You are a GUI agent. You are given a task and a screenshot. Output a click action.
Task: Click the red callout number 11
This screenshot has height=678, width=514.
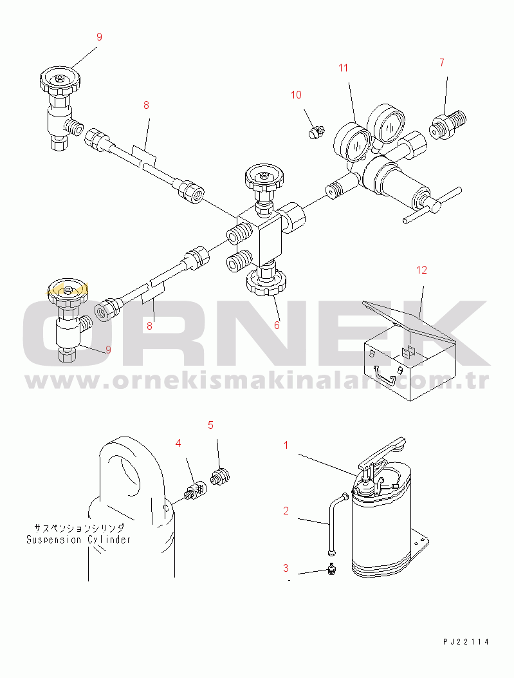(x=343, y=68)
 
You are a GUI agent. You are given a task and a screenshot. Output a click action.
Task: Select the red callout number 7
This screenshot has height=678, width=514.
(x=442, y=62)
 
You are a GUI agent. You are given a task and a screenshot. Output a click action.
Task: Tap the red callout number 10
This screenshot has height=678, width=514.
(x=296, y=95)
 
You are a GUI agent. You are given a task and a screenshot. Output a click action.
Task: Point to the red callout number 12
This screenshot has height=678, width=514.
(x=421, y=270)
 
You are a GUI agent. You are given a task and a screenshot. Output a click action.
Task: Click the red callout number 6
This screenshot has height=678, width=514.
(x=277, y=325)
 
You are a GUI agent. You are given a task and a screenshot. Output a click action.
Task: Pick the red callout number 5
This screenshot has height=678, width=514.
(x=210, y=425)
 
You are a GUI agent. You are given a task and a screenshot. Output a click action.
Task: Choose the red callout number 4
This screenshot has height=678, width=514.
(x=178, y=443)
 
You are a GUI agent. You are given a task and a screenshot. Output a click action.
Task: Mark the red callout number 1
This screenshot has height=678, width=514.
(x=286, y=445)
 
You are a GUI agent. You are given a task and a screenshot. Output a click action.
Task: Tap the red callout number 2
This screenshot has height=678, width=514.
(x=286, y=511)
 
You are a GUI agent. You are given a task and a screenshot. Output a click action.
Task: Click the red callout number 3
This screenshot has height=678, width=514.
(x=286, y=568)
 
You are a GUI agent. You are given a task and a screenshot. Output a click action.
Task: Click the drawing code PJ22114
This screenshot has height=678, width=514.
(x=466, y=642)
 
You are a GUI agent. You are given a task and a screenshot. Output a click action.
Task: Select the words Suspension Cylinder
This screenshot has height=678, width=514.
(x=78, y=539)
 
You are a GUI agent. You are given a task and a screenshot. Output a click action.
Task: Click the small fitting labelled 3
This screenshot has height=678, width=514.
(x=332, y=569)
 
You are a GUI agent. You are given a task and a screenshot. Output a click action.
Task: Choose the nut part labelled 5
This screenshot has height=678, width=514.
(x=220, y=476)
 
